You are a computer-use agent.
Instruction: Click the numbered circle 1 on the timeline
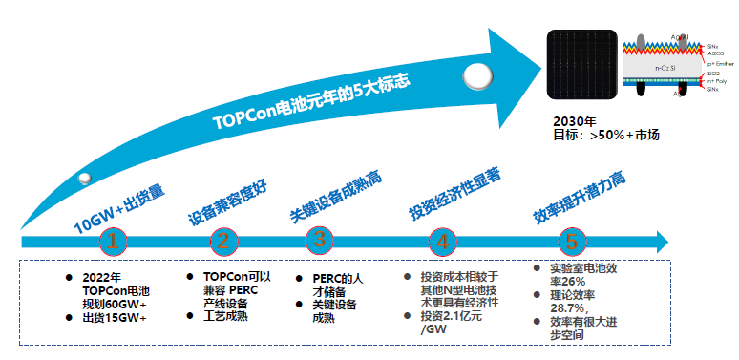tap(113, 241)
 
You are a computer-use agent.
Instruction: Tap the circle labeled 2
tap(223, 241)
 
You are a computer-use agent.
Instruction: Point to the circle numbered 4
tap(443, 241)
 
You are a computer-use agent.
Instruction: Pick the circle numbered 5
tap(570, 241)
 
